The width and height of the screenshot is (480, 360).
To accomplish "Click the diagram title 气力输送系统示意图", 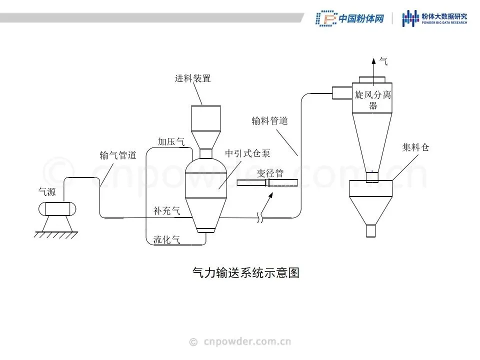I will coord(245,273).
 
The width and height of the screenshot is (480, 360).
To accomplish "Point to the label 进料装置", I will coord(192,78).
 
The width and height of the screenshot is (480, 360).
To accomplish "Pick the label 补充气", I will coord(166,211).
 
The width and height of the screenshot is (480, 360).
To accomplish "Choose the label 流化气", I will coord(166,239).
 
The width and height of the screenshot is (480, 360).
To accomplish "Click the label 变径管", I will coord(270,173).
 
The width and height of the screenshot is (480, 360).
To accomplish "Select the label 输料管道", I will coord(269,120).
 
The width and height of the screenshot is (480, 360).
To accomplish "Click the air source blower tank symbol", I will coord(55,208).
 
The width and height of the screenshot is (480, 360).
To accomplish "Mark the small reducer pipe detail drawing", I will coord(267,183).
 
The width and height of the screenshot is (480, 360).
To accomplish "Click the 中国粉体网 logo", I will coord(349,18).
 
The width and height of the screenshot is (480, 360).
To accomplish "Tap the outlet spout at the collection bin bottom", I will coord(370,230).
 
